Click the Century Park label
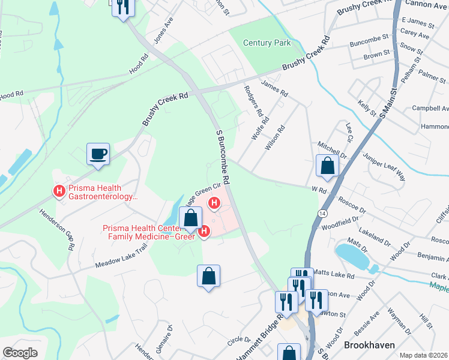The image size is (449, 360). (267, 43)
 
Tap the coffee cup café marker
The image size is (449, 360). (98, 154)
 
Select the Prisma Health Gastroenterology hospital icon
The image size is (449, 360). (59, 191)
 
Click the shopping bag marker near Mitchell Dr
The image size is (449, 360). (328, 166)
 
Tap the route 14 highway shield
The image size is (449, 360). (323, 214)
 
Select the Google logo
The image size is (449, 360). (20, 353)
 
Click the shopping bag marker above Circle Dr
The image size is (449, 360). (208, 277)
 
